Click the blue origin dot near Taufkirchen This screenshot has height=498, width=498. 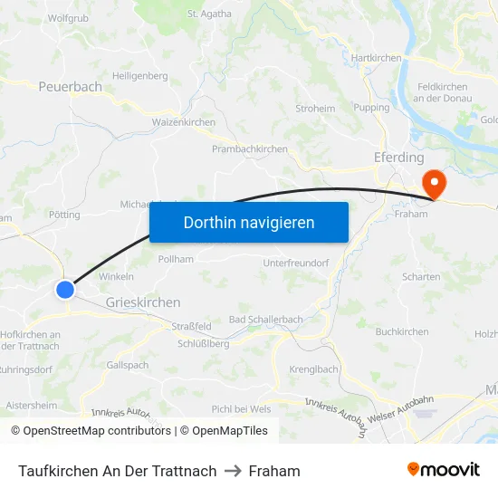(65, 290)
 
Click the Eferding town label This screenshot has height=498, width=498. (398, 158)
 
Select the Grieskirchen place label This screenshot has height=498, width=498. (143, 302)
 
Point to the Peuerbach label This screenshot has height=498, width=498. (71, 87)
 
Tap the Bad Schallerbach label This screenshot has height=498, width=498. (265, 321)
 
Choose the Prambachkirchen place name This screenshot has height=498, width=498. (249, 149)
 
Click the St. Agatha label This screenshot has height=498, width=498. (209, 14)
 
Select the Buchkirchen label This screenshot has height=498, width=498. (402, 332)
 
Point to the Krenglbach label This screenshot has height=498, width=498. (313, 369)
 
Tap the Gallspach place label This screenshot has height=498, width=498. (127, 364)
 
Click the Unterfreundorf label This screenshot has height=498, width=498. (295, 263)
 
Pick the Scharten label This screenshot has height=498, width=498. (421, 277)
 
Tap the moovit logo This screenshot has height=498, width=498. (444, 469)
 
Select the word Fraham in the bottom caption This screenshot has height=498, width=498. (274, 471)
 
